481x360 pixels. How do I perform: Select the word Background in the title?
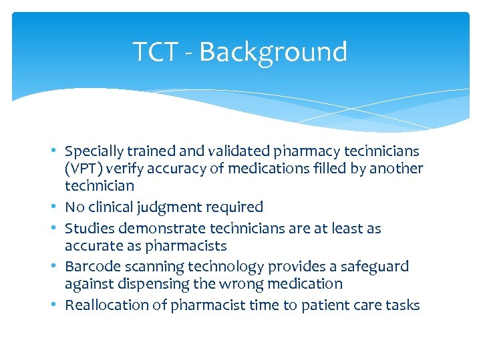[273, 51]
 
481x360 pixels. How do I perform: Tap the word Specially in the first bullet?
[94, 151]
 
